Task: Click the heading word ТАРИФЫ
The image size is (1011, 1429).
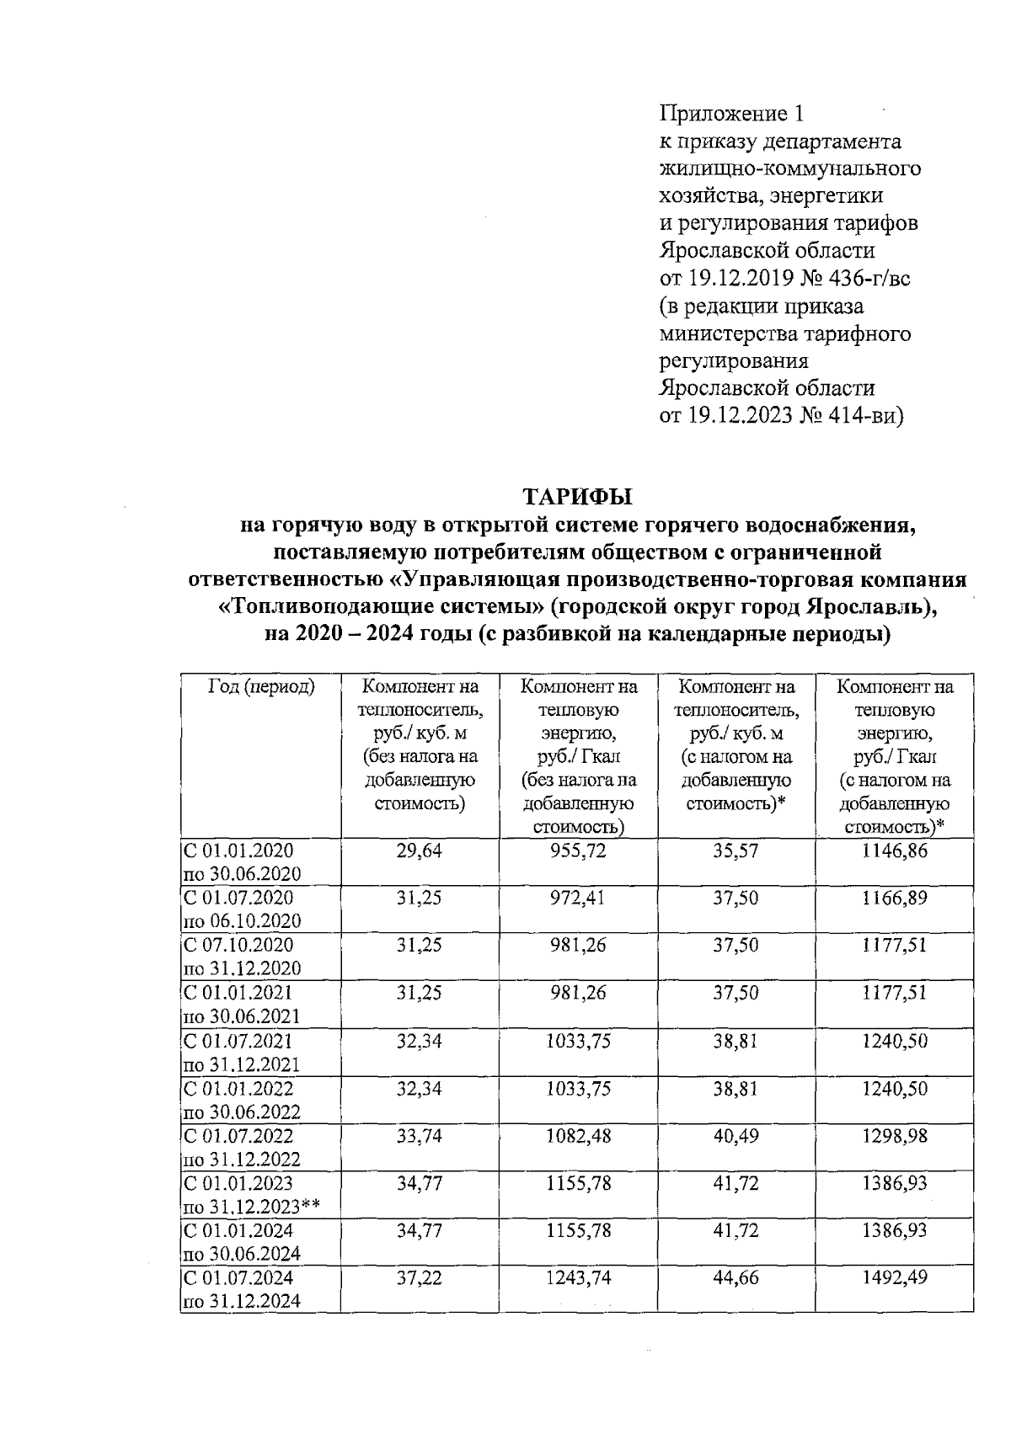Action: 578,497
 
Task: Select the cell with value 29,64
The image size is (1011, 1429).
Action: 420,850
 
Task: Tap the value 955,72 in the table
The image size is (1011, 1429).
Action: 578,850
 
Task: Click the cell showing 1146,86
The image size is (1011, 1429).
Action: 894,850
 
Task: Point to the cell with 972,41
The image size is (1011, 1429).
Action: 578,898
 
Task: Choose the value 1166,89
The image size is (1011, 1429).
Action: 894,898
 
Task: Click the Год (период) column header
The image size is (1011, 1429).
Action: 260,687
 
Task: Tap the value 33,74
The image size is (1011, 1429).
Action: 420,1136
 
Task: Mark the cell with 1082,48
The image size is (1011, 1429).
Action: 578,1136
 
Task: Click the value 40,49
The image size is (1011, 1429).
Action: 736,1136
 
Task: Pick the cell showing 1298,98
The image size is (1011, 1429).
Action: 894,1136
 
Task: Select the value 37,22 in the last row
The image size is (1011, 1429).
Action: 420,1277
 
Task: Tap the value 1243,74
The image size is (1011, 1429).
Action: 578,1277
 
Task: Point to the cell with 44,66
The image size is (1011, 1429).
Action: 736,1277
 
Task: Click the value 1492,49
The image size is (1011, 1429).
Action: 894,1277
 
